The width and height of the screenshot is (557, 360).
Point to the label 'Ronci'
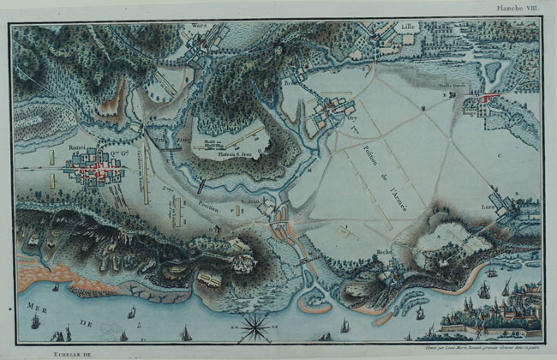pyautogui.click(x=80, y=147)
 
